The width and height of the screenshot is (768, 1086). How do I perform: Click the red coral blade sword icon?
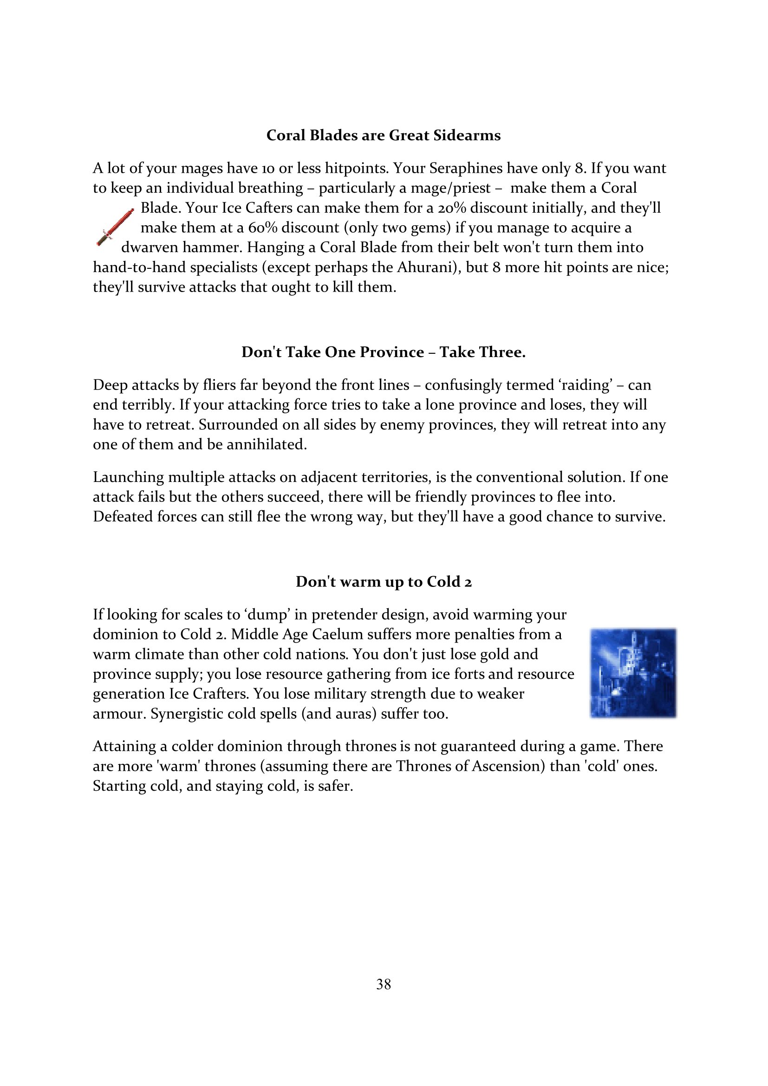point(115,227)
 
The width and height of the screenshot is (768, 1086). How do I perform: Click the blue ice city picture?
point(633,673)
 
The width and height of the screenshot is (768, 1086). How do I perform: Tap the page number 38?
point(384,984)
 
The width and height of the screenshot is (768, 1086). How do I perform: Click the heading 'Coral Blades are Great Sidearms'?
point(384,135)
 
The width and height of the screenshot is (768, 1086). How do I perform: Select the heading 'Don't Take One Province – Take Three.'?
point(384,352)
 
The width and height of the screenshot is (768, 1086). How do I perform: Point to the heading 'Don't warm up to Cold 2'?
point(384,581)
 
